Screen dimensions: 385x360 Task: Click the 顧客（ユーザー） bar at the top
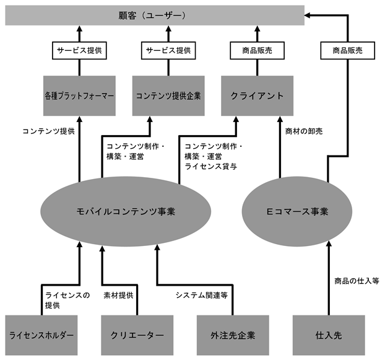click(155, 15)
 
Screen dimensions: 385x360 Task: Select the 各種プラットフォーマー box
click(79, 95)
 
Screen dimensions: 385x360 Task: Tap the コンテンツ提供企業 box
click(168, 95)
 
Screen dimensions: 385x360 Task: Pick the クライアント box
click(257, 95)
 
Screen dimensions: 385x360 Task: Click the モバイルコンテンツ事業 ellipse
click(126, 211)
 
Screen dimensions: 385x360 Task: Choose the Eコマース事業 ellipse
click(297, 211)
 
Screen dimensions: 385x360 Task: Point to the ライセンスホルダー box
click(41, 335)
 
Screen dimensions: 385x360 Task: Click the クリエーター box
click(137, 335)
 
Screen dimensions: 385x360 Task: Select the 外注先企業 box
click(233, 335)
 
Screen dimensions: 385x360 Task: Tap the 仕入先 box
click(329, 335)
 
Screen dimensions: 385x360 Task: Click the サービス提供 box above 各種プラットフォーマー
click(79, 51)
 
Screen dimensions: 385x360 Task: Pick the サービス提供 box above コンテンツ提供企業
click(168, 51)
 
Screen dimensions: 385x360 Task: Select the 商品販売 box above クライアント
click(257, 51)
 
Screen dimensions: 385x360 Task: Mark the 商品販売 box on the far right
click(348, 51)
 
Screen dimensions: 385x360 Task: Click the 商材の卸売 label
click(304, 131)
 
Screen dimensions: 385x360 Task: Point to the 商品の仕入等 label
click(357, 281)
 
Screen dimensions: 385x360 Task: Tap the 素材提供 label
click(118, 296)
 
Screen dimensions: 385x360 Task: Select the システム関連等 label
click(202, 296)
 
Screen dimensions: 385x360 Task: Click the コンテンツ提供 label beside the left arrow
click(49, 131)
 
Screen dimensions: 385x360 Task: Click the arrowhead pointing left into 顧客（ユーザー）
click(307, 15)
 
